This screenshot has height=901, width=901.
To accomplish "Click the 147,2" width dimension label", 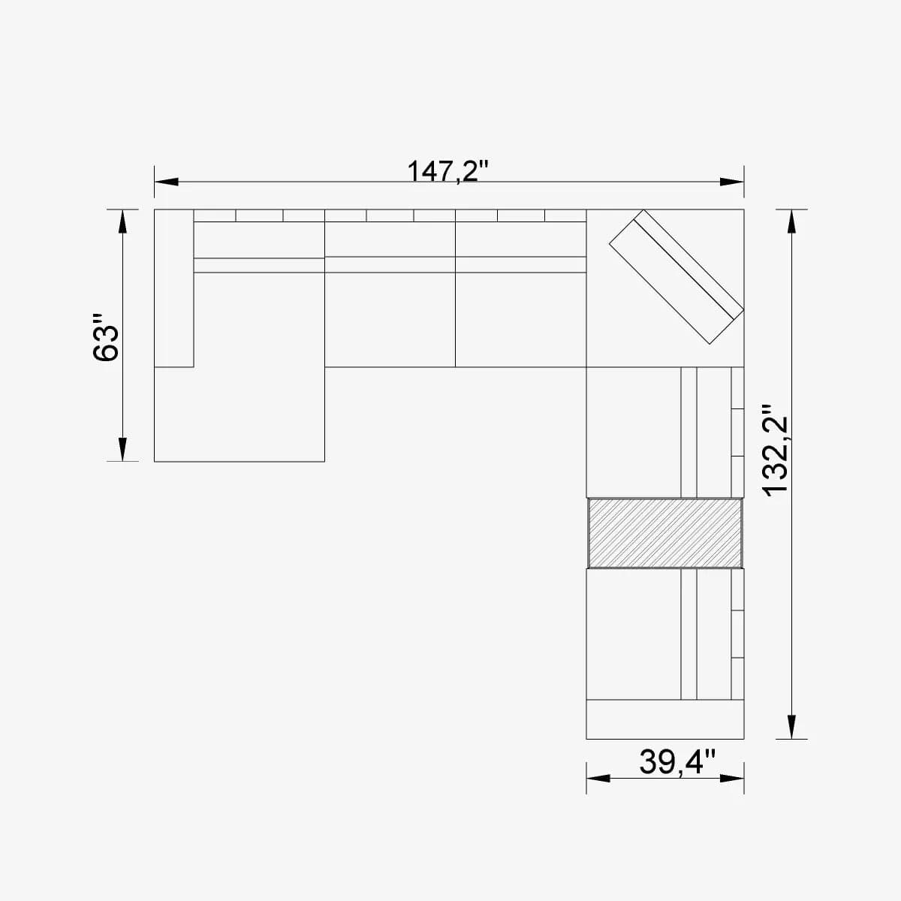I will (x=448, y=170).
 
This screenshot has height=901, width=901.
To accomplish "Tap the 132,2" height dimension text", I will (x=775, y=450).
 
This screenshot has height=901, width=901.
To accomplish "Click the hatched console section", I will (x=664, y=532).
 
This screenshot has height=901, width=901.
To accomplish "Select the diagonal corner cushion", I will (x=676, y=276).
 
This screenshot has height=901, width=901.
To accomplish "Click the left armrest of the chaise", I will (x=173, y=288).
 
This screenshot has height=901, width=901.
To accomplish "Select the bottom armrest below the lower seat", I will (x=664, y=719).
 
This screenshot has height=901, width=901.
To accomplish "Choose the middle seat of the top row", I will (x=390, y=319).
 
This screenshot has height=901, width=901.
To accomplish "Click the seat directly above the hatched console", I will (x=633, y=432).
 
